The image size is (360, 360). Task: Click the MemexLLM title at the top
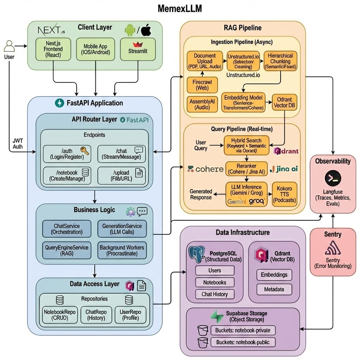tap(180, 8)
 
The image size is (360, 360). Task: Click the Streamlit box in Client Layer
tap(138, 49)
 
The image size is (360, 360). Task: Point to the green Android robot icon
tap(130, 31)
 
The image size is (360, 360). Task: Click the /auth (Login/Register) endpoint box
tap(67, 154)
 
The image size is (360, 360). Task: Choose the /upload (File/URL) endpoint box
tap(121, 175)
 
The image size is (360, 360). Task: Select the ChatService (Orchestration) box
tap(67, 229)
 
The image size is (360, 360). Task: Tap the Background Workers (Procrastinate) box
tap(122, 250)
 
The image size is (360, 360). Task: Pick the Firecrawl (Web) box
tap(202, 85)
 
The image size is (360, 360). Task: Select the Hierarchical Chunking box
tap(280, 61)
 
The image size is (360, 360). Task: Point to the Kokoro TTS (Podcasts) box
tap(284, 194)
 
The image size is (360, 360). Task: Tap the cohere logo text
tap(206, 169)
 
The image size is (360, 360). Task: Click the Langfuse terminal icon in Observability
tap(332, 178)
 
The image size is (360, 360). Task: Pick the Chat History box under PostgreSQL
tap(214, 294)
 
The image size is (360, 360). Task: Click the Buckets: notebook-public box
tap(243, 342)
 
